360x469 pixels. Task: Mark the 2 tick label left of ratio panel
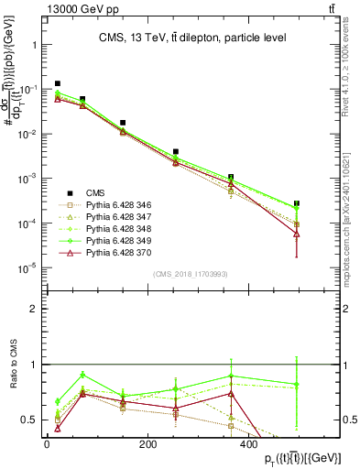pyautogui.click(x=32, y=310)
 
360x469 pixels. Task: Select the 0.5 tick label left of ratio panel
pyautogui.click(x=28, y=420)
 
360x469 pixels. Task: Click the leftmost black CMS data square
pyautogui.click(x=57, y=83)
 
